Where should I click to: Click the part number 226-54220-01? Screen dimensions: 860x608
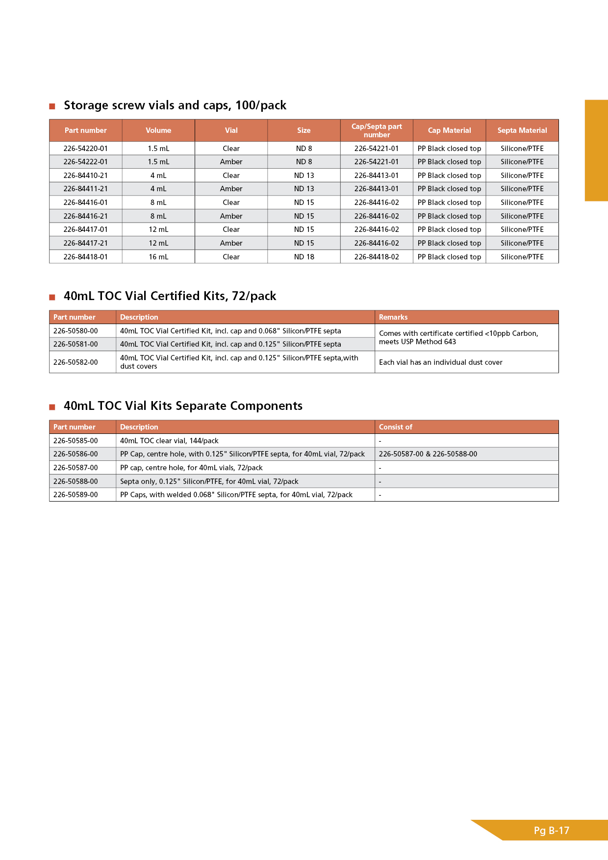(85, 149)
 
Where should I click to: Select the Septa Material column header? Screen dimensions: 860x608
(522, 130)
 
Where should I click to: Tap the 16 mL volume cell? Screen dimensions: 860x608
(158, 257)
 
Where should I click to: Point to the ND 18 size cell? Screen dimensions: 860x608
(304, 257)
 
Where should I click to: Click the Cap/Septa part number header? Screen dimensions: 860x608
(377, 130)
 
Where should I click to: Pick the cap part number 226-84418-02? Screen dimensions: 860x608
(377, 257)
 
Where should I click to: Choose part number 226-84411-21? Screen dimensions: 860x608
(85, 189)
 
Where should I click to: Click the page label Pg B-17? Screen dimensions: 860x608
(551, 831)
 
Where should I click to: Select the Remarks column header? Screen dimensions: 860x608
(393, 317)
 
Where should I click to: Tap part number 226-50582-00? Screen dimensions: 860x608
(76, 362)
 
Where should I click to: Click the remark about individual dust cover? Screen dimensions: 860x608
(440, 362)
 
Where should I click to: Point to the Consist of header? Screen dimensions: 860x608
(395, 427)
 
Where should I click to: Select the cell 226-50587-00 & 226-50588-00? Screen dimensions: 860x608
(428, 454)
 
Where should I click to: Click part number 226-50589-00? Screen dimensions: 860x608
(76, 495)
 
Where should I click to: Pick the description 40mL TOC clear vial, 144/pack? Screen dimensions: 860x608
(169, 441)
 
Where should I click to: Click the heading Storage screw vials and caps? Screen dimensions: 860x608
(175, 105)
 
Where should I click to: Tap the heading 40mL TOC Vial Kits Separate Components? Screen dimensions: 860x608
(183, 406)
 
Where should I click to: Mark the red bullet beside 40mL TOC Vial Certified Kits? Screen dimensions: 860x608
(52, 297)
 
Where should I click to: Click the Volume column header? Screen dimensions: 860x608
(158, 130)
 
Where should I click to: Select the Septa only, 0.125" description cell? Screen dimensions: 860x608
(209, 481)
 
